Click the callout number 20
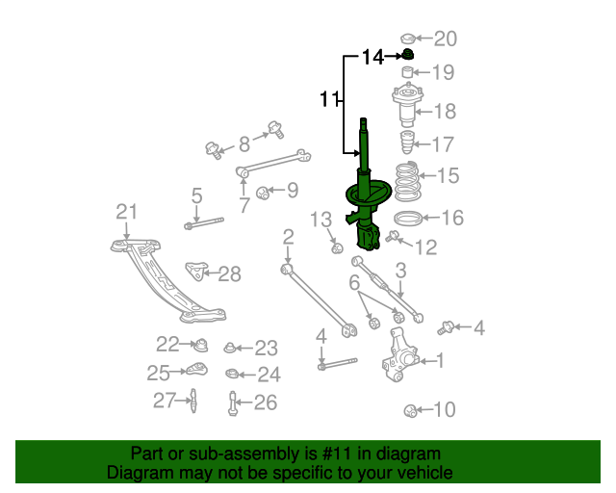point(446,39)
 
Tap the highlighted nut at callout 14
point(408,54)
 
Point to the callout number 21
point(126,212)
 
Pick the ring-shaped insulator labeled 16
point(408,219)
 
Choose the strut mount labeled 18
point(408,104)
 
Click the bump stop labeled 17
point(406,142)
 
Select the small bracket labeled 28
point(196,271)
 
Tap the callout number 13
point(321,220)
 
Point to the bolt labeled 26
point(232,403)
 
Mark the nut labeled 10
point(411,411)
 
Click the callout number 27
point(164,401)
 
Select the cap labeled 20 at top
point(408,39)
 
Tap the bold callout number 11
point(329,99)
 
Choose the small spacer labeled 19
point(407,73)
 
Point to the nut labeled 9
point(262,193)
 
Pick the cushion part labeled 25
point(196,369)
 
